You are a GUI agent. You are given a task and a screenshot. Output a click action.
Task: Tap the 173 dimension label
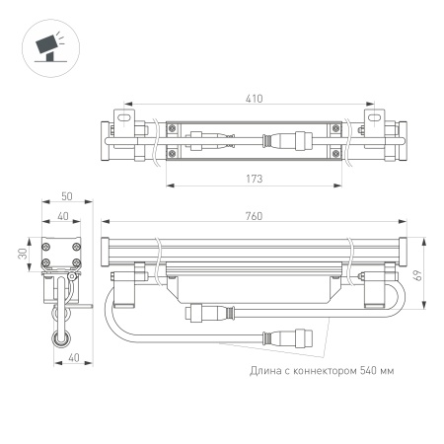click(x=256, y=180)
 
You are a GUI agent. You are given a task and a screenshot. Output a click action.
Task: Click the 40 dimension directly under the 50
click(x=61, y=216)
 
